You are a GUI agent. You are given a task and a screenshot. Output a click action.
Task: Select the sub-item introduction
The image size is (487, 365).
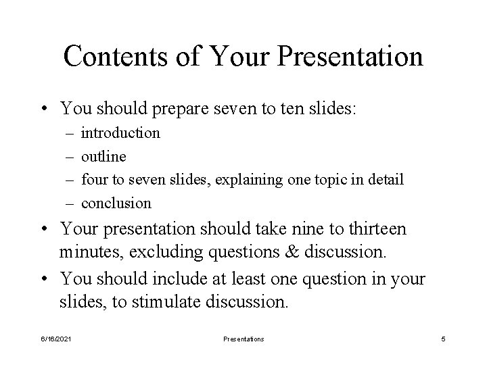click(120, 132)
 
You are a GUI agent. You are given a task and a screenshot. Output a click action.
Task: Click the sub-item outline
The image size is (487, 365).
click(103, 156)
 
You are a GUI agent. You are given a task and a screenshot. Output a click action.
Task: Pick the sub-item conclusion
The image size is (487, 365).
click(116, 203)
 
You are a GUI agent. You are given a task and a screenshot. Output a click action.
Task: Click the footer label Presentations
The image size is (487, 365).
click(243, 339)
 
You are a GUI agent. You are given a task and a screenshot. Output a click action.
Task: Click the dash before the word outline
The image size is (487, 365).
click(70, 156)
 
